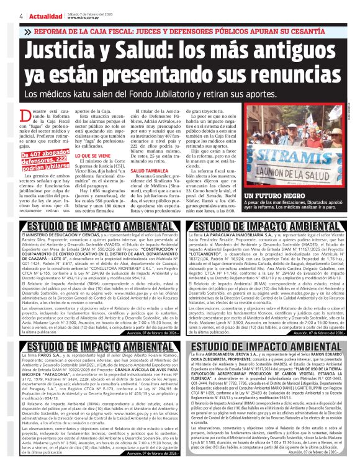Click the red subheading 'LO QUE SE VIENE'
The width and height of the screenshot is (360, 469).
point(94,156)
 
